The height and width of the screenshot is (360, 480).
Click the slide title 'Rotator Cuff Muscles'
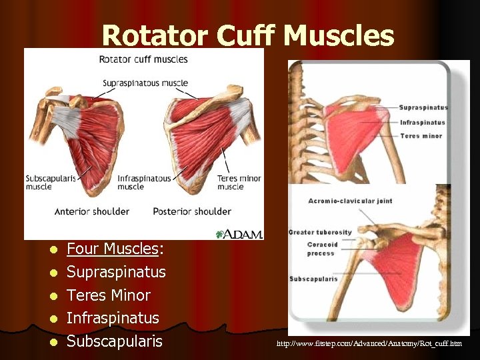click(248, 37)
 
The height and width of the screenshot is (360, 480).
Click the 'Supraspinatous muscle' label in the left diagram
click(145, 83)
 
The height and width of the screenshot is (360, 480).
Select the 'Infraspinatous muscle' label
click(144, 183)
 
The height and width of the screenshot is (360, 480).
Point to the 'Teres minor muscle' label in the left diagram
click(239, 183)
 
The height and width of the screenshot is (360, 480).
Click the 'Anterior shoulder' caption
click(92, 212)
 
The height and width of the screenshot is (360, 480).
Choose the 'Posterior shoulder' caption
click(192, 212)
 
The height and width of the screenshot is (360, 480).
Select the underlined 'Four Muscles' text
click(112, 249)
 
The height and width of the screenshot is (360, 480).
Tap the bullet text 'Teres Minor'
click(109, 295)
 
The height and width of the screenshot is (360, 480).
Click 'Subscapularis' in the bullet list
click(115, 341)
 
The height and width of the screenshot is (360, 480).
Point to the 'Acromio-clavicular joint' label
click(350, 201)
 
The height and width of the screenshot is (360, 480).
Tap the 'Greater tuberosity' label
click(320, 233)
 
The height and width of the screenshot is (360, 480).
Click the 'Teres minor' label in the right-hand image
click(421, 136)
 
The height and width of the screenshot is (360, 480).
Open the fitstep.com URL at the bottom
click(369, 344)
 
